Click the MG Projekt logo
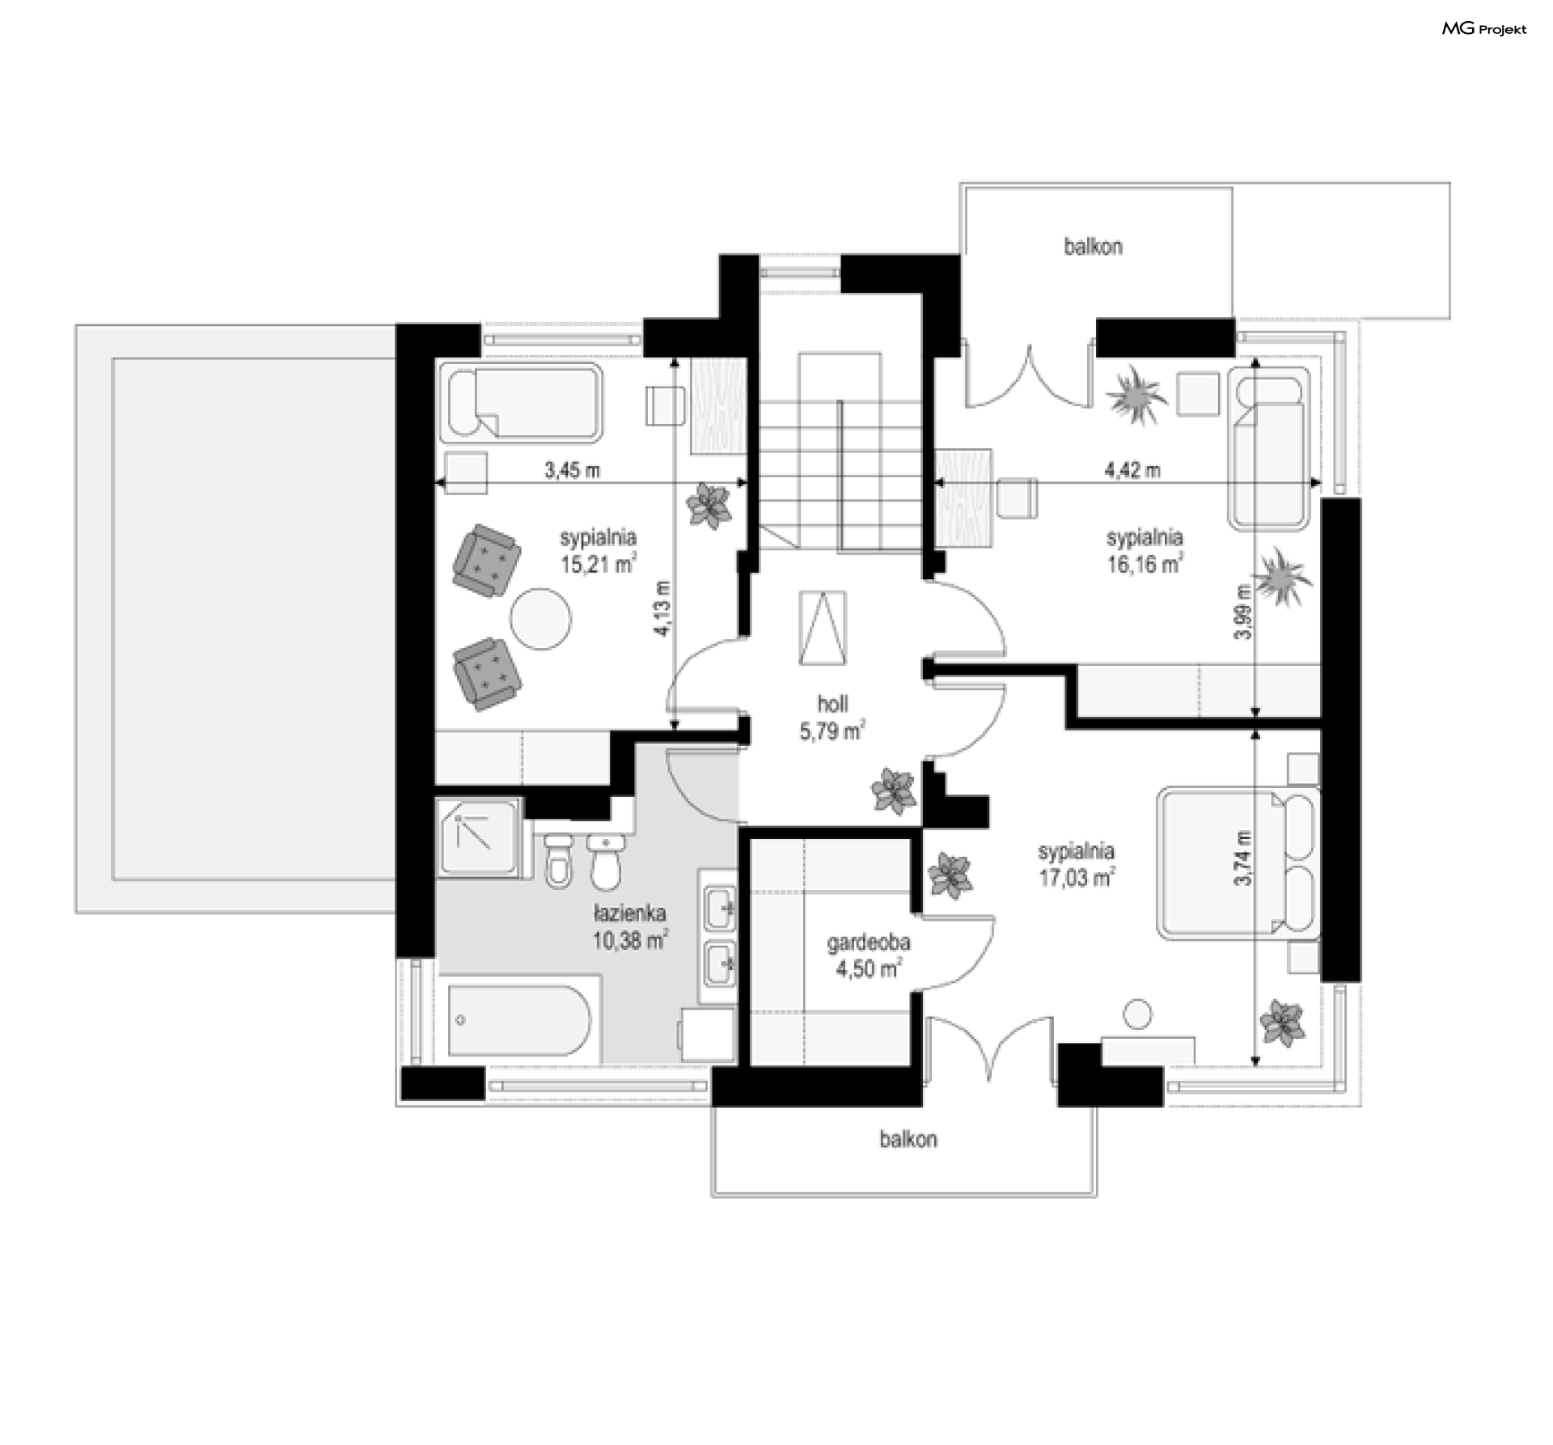(1484, 29)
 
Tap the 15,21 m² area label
(598, 564)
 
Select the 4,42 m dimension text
(1132, 469)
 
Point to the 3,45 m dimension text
(572, 469)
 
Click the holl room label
(832, 703)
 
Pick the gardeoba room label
(869, 943)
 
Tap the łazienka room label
(629, 913)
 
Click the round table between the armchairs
(540, 618)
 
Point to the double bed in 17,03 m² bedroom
(1238, 864)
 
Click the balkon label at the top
(1093, 247)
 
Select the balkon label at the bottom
(908, 1139)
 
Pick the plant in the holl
(894, 790)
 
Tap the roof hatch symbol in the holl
(823, 628)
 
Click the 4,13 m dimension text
(662, 608)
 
